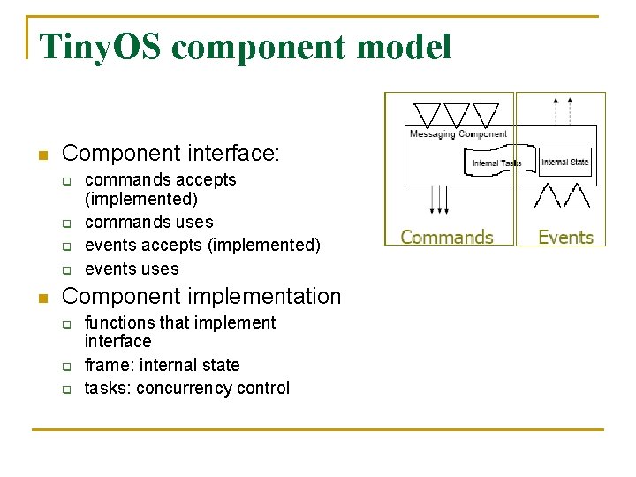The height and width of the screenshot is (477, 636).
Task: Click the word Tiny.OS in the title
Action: (100, 47)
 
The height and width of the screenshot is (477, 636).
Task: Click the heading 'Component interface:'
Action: (170, 154)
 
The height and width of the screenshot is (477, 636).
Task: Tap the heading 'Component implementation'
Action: (201, 296)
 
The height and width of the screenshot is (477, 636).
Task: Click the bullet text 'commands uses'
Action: (148, 222)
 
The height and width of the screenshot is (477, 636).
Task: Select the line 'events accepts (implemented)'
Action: (202, 245)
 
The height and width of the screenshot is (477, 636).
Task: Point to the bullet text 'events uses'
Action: (132, 269)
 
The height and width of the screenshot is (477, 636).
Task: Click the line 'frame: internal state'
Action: (162, 365)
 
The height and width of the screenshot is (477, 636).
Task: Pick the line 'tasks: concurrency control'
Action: (186, 388)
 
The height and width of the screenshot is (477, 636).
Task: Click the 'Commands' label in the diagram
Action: (447, 237)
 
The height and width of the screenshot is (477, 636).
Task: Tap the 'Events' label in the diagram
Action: (565, 237)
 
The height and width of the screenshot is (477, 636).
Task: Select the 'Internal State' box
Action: (565, 162)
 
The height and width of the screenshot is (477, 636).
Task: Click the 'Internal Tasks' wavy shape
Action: (496, 162)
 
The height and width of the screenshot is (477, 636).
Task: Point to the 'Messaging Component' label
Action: (458, 134)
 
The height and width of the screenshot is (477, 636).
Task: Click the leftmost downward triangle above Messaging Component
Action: (428, 114)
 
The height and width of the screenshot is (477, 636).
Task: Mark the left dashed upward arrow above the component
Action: (556, 110)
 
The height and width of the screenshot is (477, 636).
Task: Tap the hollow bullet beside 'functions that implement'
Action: (65, 324)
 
